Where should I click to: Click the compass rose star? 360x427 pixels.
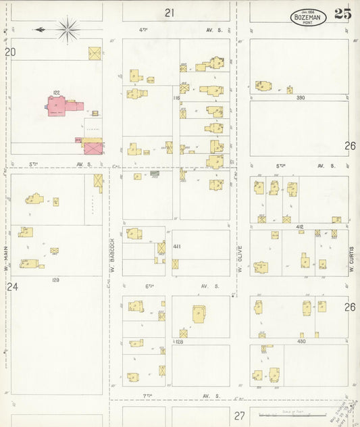pyautogui.click(x=68, y=29)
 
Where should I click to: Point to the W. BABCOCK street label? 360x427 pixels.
pyautogui.click(x=112, y=255)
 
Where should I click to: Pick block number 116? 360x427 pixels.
pyautogui.click(x=176, y=98)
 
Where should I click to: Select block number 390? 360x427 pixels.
pyautogui.click(x=300, y=98)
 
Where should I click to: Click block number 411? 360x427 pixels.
pyautogui.click(x=177, y=246)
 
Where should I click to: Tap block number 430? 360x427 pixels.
pyautogui.click(x=301, y=341)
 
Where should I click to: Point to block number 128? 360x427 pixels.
pyautogui.click(x=179, y=342)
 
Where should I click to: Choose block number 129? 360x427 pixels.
pyautogui.click(x=55, y=280)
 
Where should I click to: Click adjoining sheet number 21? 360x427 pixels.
pyautogui.click(x=169, y=12)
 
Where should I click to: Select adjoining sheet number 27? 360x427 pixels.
pyautogui.click(x=239, y=416)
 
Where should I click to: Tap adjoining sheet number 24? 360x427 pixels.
pyautogui.click(x=12, y=286)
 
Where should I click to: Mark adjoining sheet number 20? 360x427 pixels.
pyautogui.click(x=10, y=51)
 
